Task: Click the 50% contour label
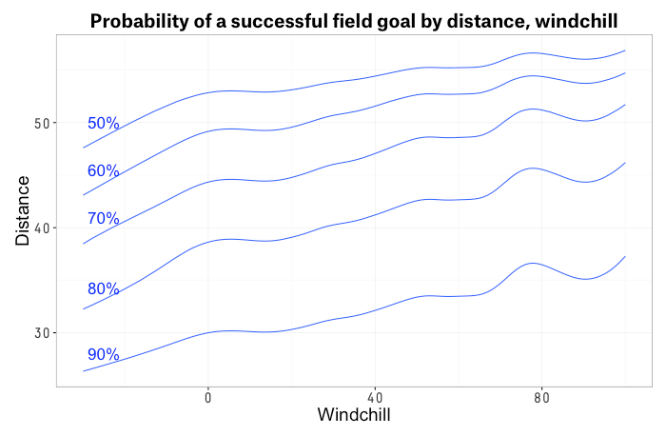(x=103, y=124)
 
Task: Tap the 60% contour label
(x=103, y=171)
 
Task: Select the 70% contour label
(x=103, y=219)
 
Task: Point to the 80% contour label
(x=103, y=289)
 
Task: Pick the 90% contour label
(x=103, y=355)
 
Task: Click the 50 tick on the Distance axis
(x=43, y=124)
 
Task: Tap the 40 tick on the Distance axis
(x=43, y=228)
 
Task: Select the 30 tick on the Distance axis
(x=43, y=333)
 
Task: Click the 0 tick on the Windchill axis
(x=207, y=397)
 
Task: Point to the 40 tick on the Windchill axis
(x=374, y=397)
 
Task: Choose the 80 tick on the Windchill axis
(x=541, y=397)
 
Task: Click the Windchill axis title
(x=353, y=416)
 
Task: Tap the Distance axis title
(x=23, y=210)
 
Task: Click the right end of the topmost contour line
(x=625, y=50)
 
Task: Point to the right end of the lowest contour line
(x=625, y=256)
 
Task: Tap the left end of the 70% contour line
(x=84, y=244)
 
